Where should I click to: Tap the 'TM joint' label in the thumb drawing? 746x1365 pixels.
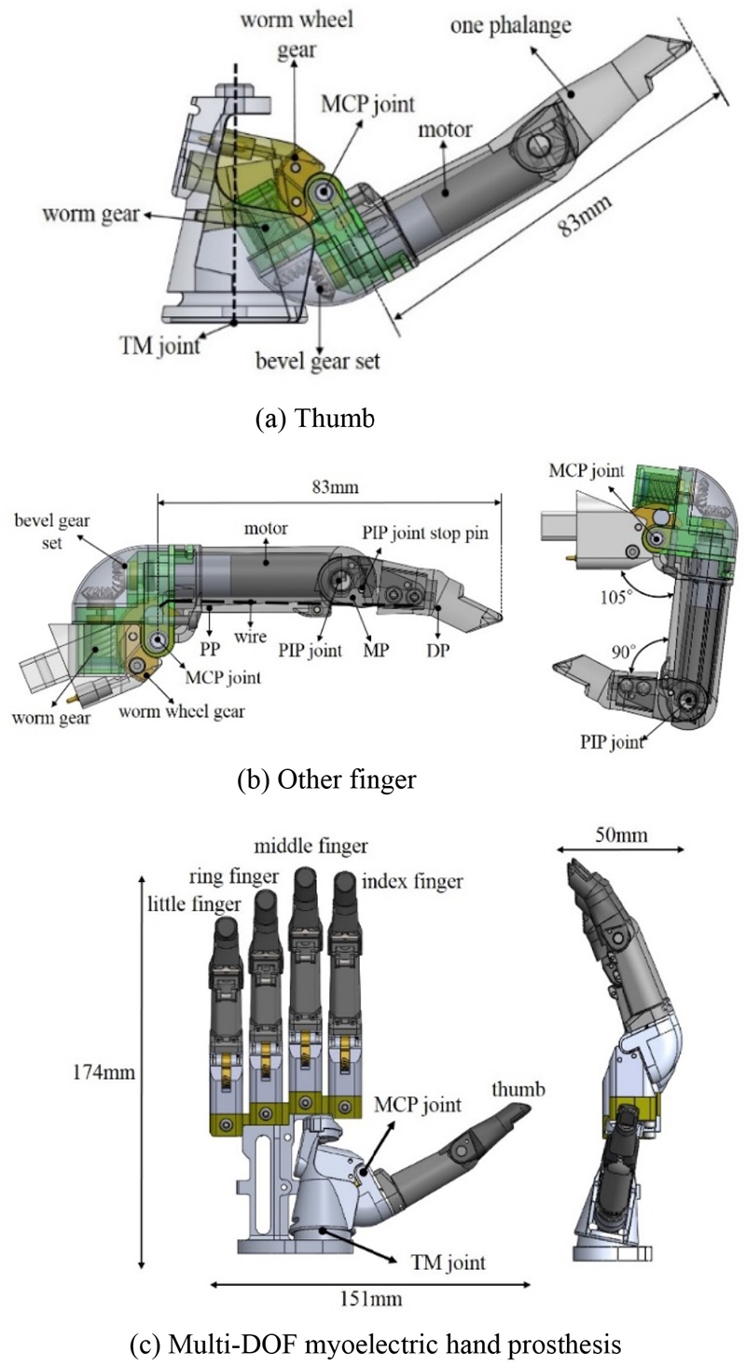tap(164, 346)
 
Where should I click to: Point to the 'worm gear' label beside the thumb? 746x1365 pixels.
tap(90, 215)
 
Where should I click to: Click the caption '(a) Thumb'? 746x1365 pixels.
tap(314, 419)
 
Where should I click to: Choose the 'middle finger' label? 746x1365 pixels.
tap(311, 847)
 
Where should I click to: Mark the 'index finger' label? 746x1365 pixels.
tap(411, 881)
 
